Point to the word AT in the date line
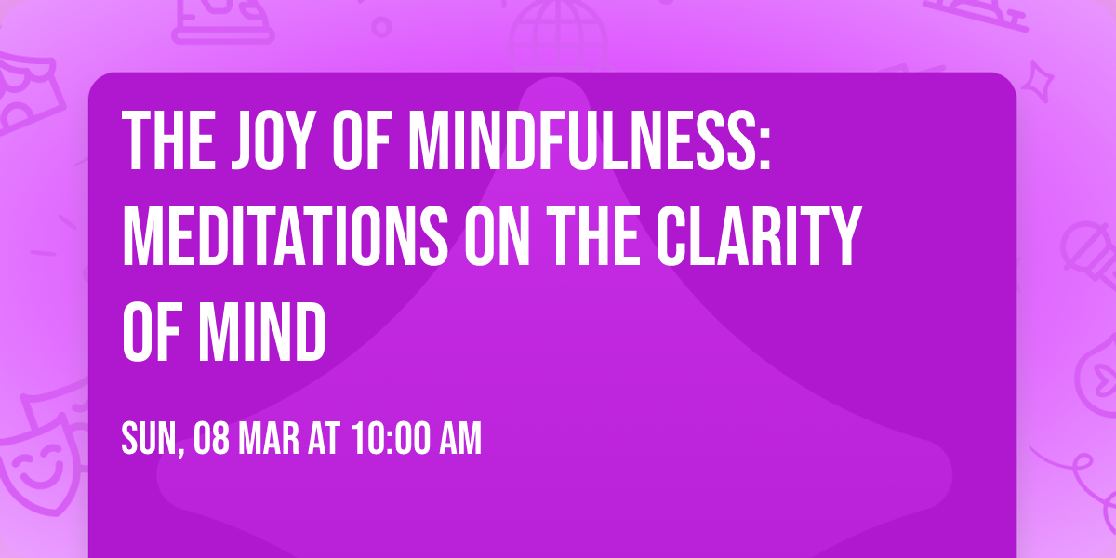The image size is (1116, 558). tap(325, 439)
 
